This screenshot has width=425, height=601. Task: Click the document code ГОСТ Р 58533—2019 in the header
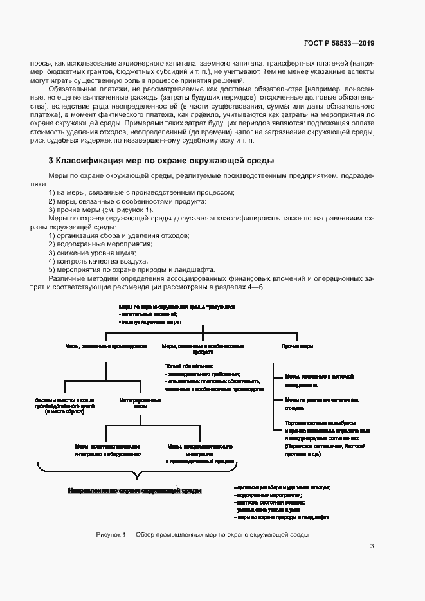pos(339,44)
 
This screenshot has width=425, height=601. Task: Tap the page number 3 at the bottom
pos(372,546)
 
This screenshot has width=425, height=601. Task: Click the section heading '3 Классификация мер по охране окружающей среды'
pos(161,160)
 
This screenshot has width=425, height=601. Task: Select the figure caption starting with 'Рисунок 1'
pos(203,534)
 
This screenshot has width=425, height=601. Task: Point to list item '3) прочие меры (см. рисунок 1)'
pos(101,210)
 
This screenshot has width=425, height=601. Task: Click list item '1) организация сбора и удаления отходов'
pos(119,236)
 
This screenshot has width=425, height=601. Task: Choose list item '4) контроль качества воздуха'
pos(98,261)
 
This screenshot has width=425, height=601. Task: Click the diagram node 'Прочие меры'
pos(298,346)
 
